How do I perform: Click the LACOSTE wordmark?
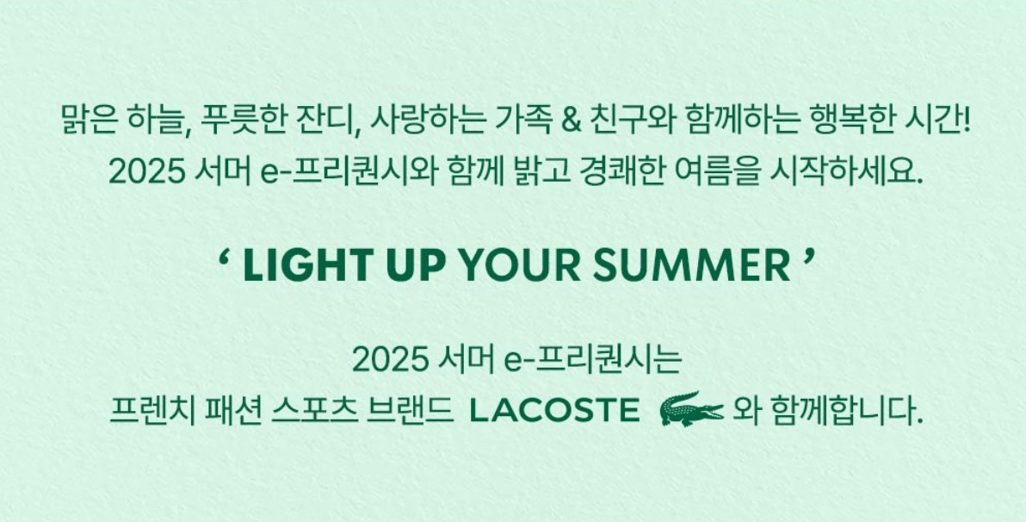point(554,411)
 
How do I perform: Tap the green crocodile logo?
point(691,410)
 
